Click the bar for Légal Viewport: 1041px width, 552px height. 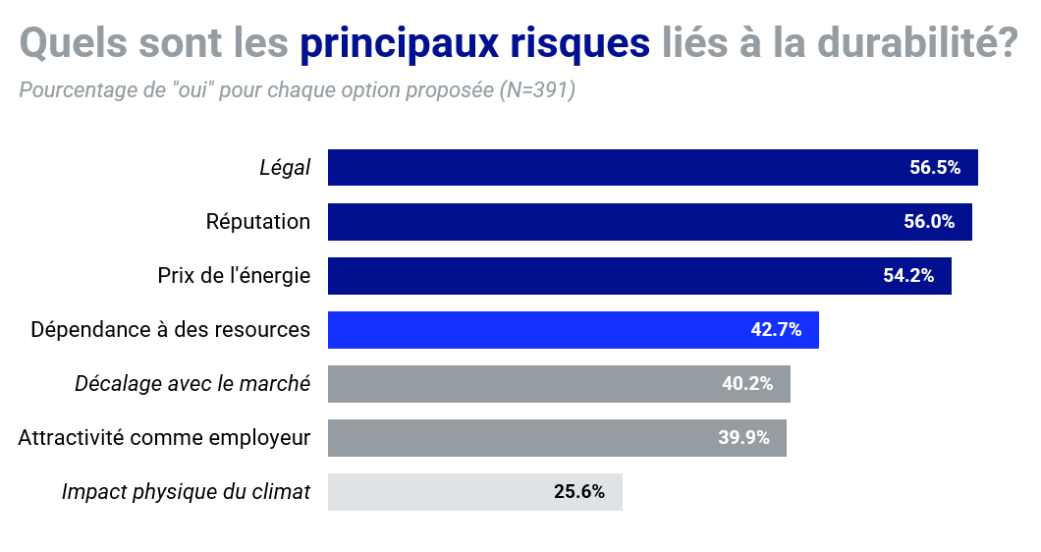pyautogui.click(x=609, y=167)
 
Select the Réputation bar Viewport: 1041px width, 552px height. pyautogui.click(x=609, y=221)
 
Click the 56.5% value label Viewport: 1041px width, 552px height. pyautogui.click(x=934, y=167)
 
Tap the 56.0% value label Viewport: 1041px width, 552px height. pyautogui.click(x=929, y=221)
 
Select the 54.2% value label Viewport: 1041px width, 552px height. pyautogui.click(x=908, y=275)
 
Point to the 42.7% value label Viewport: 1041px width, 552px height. pyautogui.click(x=776, y=329)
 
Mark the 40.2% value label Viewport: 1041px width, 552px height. pyautogui.click(x=747, y=383)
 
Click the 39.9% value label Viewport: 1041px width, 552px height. pyautogui.click(x=743, y=437)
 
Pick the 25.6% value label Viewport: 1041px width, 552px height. pyautogui.click(x=579, y=491)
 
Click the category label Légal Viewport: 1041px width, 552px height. pyautogui.click(x=285, y=168)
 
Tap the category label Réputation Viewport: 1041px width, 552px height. pyautogui.click(x=257, y=221)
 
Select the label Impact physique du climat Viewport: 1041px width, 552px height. pyautogui.click(x=186, y=491)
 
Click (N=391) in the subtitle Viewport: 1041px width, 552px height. pyautogui.click(x=536, y=90)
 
